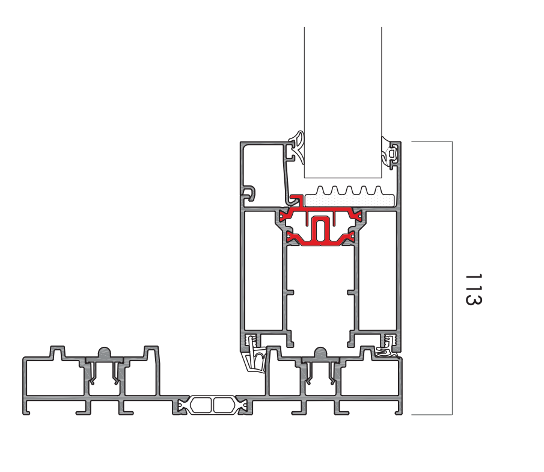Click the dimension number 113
pos(474,289)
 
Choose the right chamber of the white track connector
pos(224,405)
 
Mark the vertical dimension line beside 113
pos(452,278)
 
